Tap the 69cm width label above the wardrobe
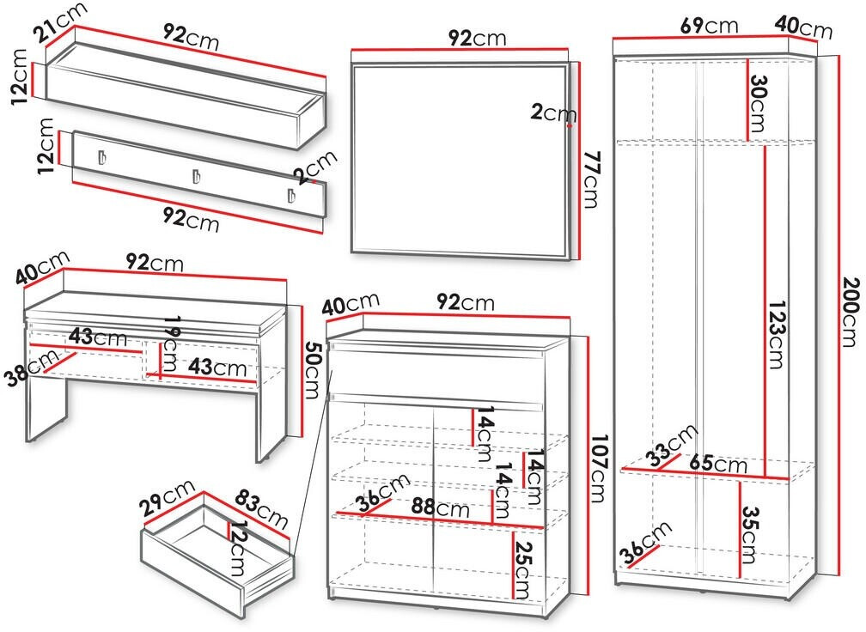pyautogui.click(x=709, y=26)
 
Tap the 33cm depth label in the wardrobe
pyautogui.click(x=673, y=444)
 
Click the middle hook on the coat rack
pyautogui.click(x=197, y=177)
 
